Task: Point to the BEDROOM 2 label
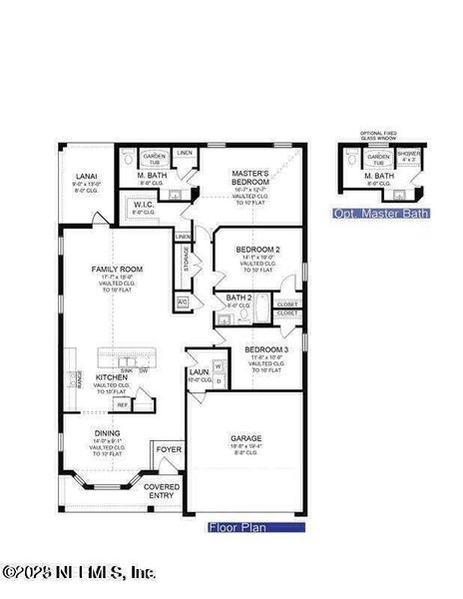click(x=257, y=249)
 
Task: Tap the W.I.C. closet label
click(x=145, y=205)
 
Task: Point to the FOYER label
click(x=169, y=450)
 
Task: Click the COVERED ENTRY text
click(x=162, y=491)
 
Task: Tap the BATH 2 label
click(x=238, y=298)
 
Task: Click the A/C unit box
click(x=183, y=301)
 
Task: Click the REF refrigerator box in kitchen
click(x=123, y=405)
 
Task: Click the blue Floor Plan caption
click(x=237, y=526)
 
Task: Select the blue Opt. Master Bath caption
click(x=373, y=214)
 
